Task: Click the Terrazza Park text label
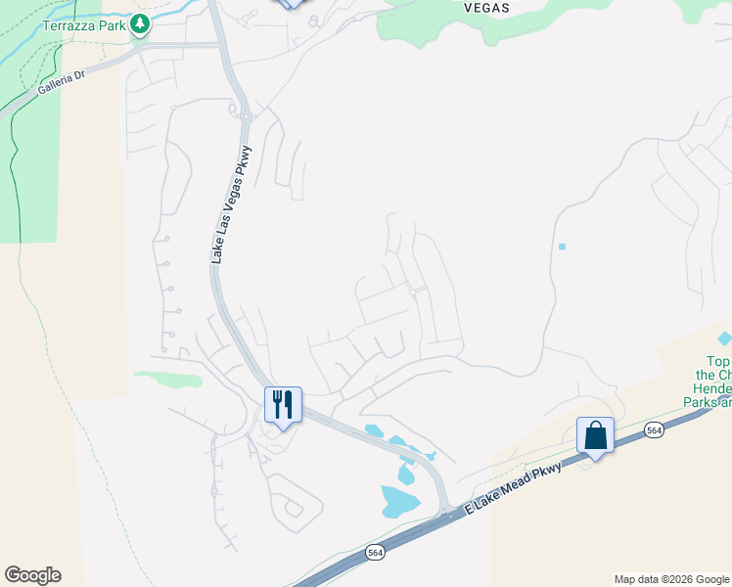[84, 25]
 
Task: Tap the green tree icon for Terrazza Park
[140, 24]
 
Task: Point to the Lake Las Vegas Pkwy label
[231, 203]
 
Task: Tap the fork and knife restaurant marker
[283, 405]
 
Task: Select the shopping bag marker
[594, 435]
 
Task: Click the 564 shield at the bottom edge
[376, 553]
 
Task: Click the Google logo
[32, 575]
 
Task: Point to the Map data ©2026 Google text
[670, 579]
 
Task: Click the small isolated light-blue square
[562, 247]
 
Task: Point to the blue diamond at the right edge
[724, 339]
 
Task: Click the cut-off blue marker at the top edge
[290, 3]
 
